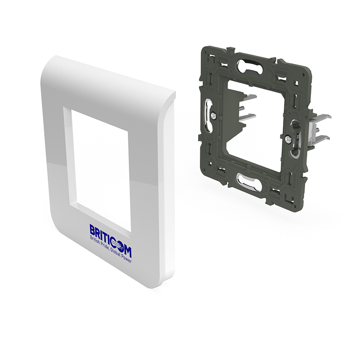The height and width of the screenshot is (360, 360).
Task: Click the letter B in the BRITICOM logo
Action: click(x=92, y=230)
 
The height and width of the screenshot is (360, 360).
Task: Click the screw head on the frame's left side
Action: click(x=214, y=116)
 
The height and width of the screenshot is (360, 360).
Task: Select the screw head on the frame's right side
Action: click(x=288, y=139)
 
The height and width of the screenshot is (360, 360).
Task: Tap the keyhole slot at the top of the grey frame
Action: click(x=250, y=67)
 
